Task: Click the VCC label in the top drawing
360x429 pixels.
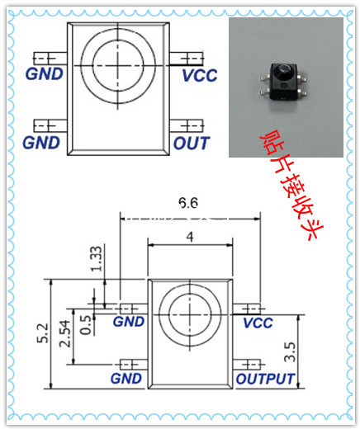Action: pyautogui.click(x=200, y=76)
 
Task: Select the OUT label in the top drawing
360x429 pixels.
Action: pyautogui.click(x=192, y=144)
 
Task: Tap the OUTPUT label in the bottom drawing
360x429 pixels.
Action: pyautogui.click(x=265, y=379)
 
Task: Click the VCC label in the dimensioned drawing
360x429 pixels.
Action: pyautogui.click(x=258, y=323)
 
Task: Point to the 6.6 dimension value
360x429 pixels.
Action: pyautogui.click(x=188, y=203)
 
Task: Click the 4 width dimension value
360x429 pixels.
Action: pyautogui.click(x=190, y=237)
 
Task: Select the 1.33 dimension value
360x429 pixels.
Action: pyautogui.click(x=97, y=258)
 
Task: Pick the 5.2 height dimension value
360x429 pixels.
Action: pyautogui.click(x=43, y=333)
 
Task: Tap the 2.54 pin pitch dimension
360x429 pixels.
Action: pyautogui.click(x=65, y=333)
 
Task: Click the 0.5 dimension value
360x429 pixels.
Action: pyautogui.click(x=86, y=325)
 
